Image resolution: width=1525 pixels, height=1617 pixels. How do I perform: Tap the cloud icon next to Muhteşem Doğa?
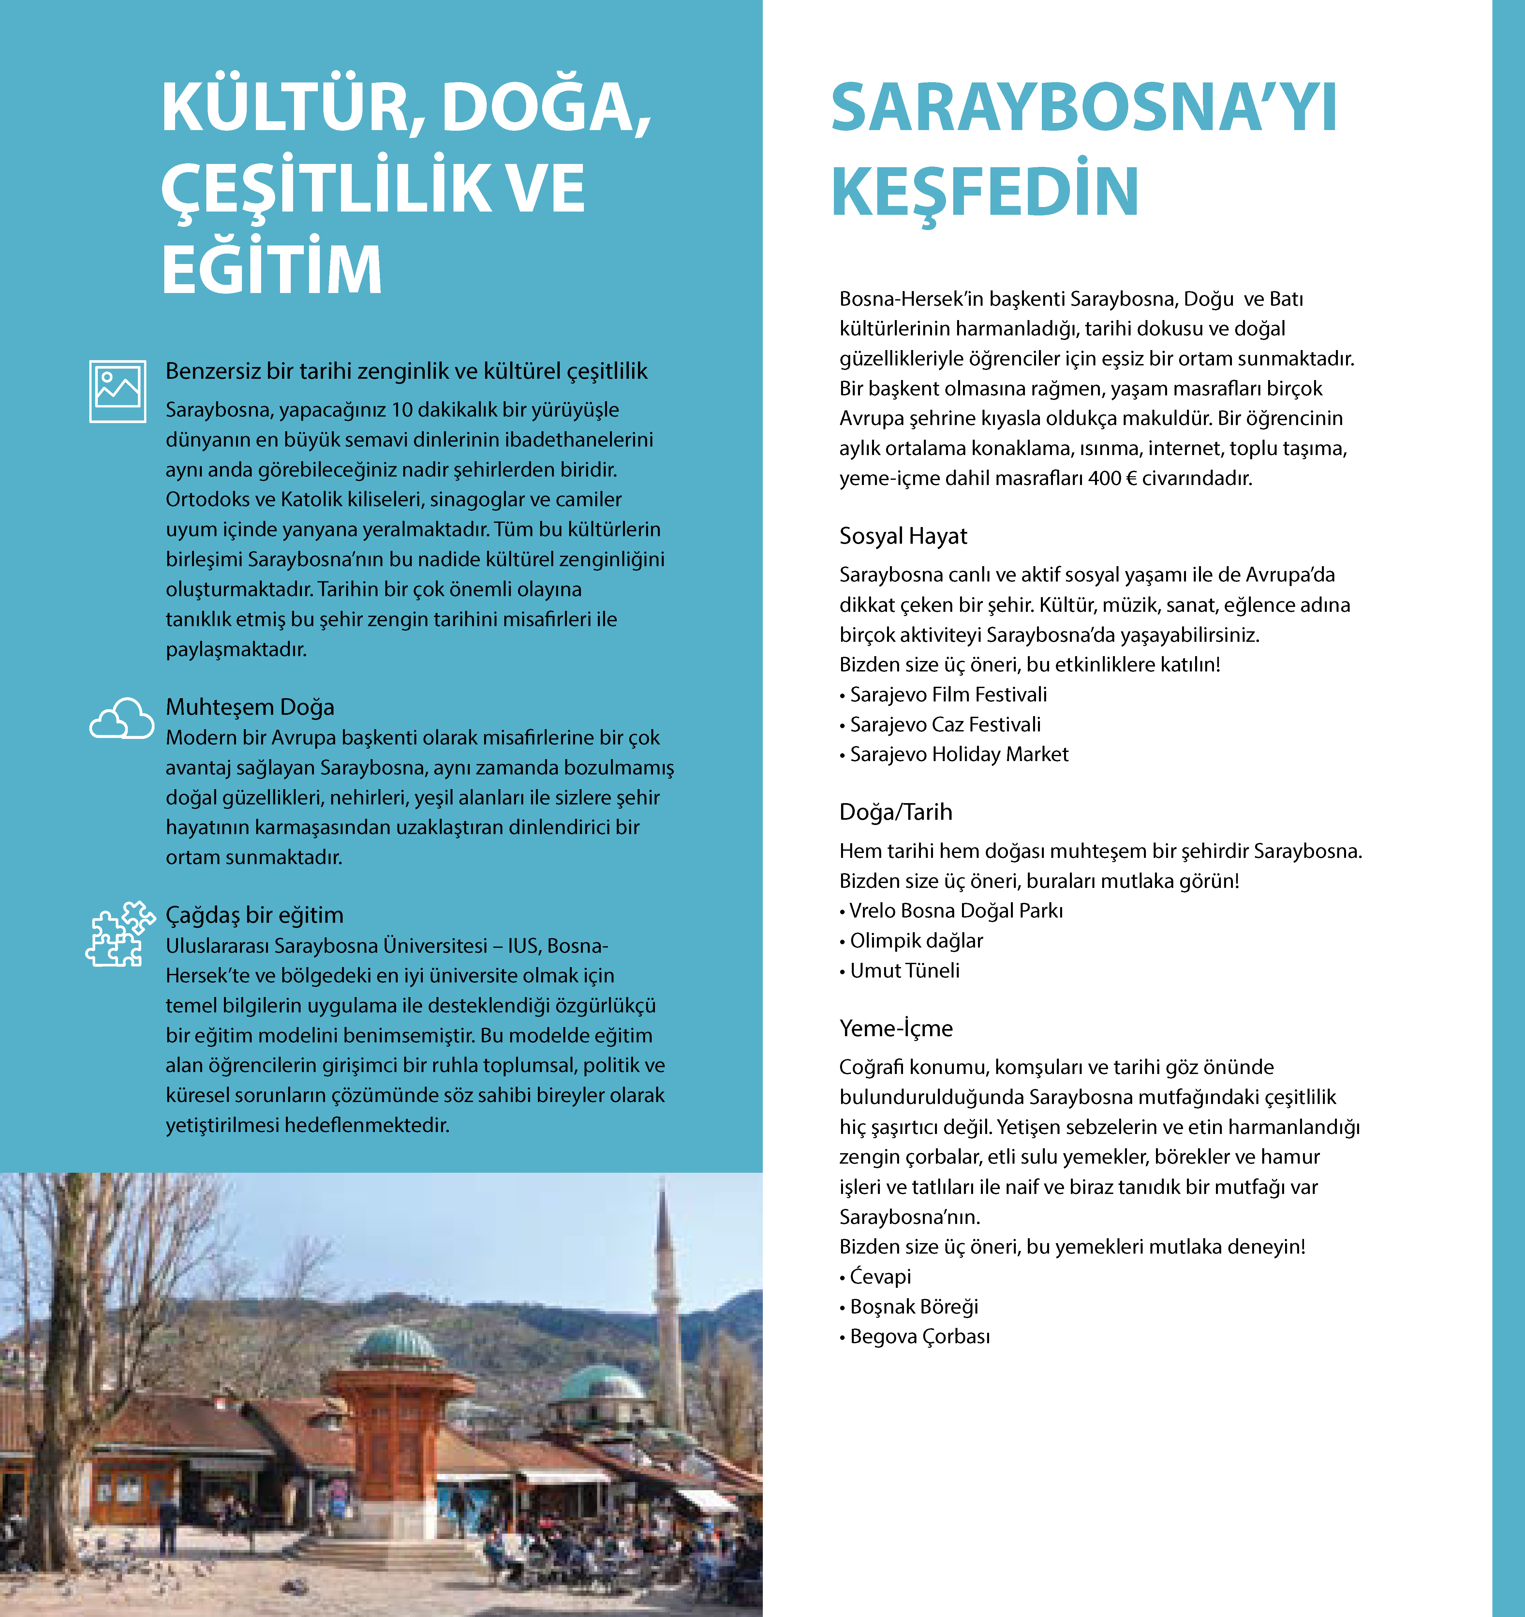tap(121, 719)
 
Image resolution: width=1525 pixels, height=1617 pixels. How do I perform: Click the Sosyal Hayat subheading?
tap(903, 536)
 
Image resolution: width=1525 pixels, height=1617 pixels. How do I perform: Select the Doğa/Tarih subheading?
tap(896, 812)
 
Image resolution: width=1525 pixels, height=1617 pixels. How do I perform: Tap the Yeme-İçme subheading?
tap(896, 1028)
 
